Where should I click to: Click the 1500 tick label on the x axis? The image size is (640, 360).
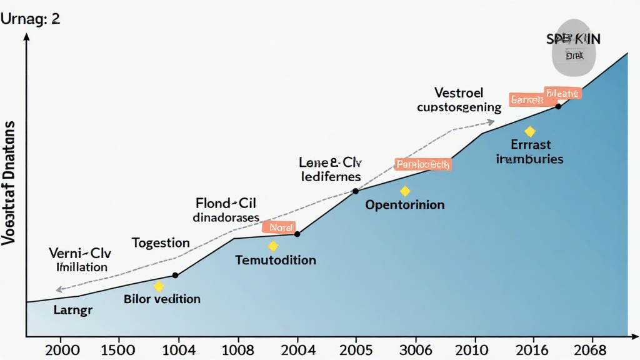point(117,349)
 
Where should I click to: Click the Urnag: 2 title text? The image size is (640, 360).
point(31,19)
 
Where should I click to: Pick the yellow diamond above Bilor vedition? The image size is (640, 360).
point(159,286)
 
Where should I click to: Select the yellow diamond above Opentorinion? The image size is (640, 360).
point(405,191)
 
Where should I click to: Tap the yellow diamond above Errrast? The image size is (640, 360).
point(530,132)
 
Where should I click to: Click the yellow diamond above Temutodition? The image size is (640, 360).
point(273,246)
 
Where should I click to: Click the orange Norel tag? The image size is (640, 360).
point(278,227)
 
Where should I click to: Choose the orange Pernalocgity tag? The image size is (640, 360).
point(423,165)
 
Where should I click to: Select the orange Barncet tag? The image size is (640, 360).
point(525,99)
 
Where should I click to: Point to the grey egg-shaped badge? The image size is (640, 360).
point(574,54)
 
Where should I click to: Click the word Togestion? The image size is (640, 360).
point(161,242)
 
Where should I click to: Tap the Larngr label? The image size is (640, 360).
point(73,310)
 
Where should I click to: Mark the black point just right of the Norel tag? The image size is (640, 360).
point(297,234)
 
